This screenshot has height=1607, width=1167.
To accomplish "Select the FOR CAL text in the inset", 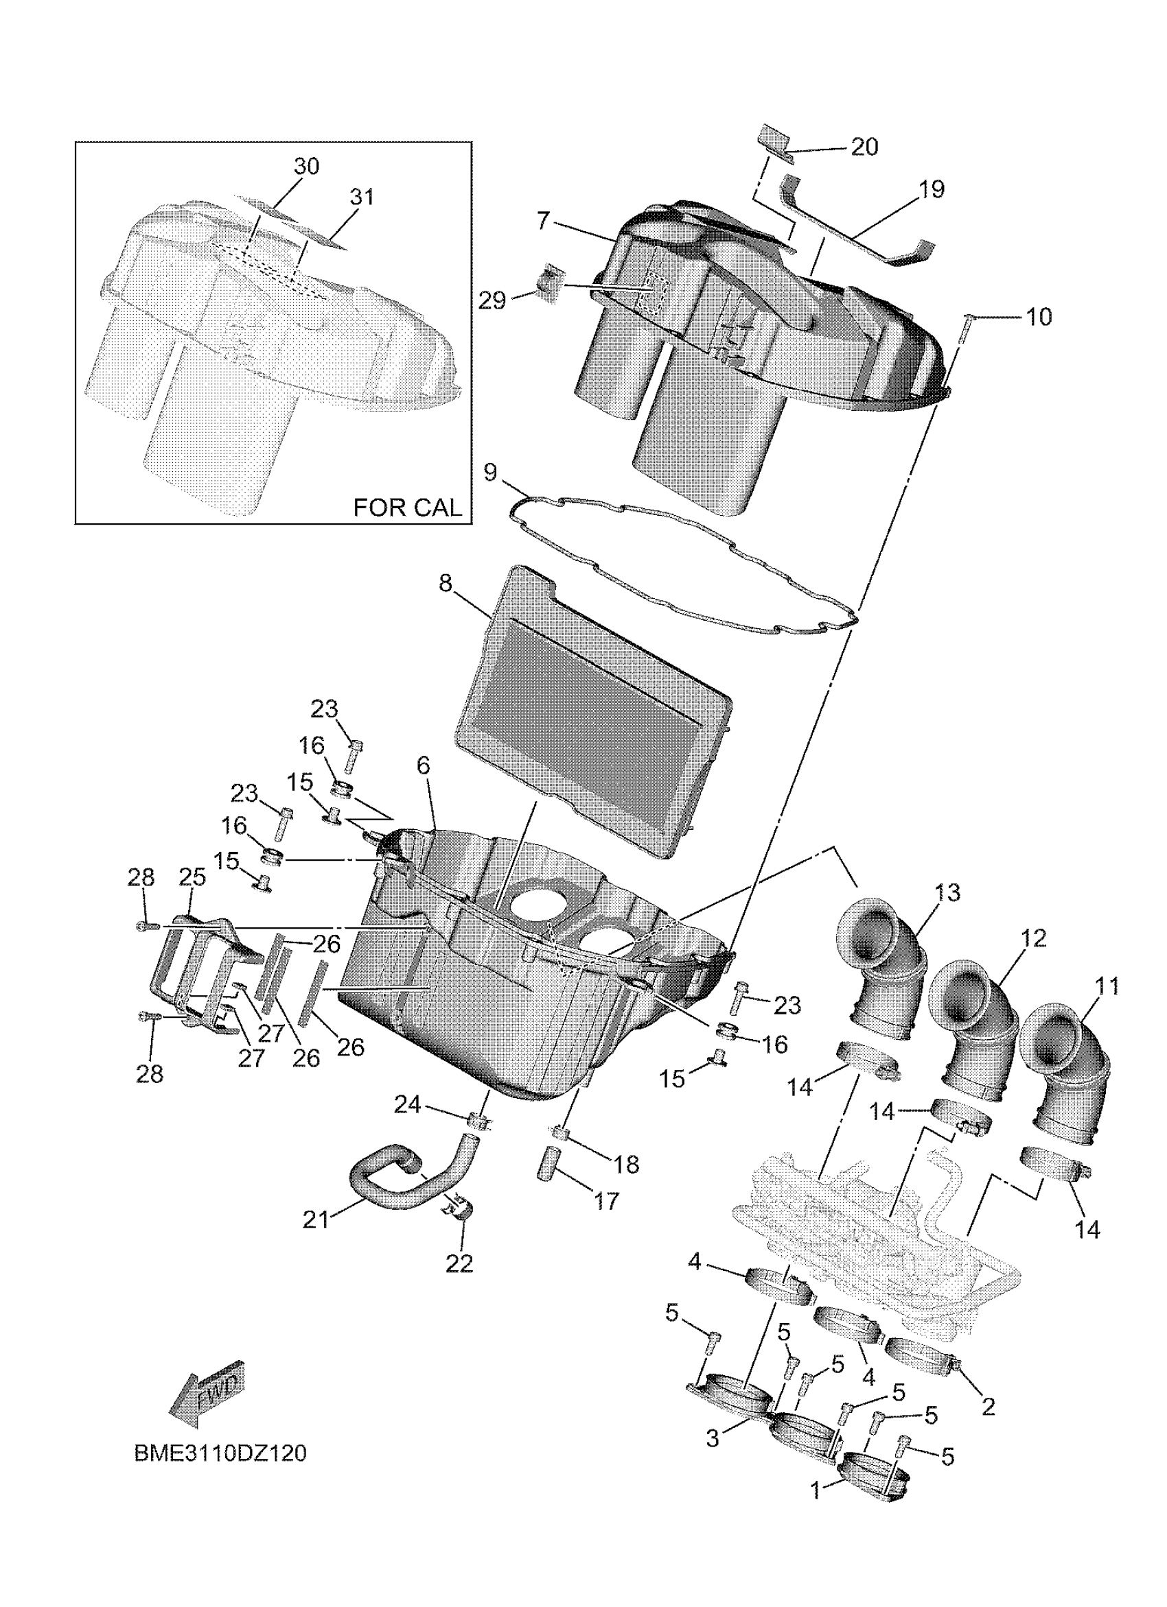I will point(406,508).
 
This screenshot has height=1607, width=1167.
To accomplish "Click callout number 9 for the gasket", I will point(490,473).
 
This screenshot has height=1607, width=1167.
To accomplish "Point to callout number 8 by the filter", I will point(445,583).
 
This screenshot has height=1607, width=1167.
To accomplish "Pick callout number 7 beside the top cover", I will point(543,220).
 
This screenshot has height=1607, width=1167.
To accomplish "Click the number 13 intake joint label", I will point(947,892).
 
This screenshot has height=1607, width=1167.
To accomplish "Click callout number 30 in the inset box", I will point(306,167).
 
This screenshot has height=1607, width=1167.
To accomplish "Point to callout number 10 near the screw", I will point(1039,317).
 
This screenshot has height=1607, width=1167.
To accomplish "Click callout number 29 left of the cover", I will point(492,300).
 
